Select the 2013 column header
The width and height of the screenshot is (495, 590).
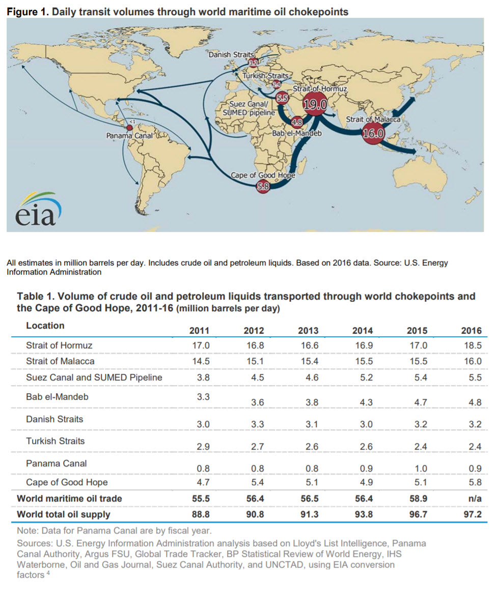tap(308, 331)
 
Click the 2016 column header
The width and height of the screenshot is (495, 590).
tap(471, 331)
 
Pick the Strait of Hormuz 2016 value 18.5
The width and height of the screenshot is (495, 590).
tap(471, 345)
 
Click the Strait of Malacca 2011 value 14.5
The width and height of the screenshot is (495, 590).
tap(199, 361)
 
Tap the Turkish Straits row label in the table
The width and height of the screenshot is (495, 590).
tap(56, 441)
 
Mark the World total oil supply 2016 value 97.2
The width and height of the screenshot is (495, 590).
tap(471, 515)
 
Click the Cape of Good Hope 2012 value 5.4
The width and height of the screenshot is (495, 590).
tap(254, 482)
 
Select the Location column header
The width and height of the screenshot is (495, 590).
tap(45, 326)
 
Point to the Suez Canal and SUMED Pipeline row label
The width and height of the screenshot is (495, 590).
tap(94, 377)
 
